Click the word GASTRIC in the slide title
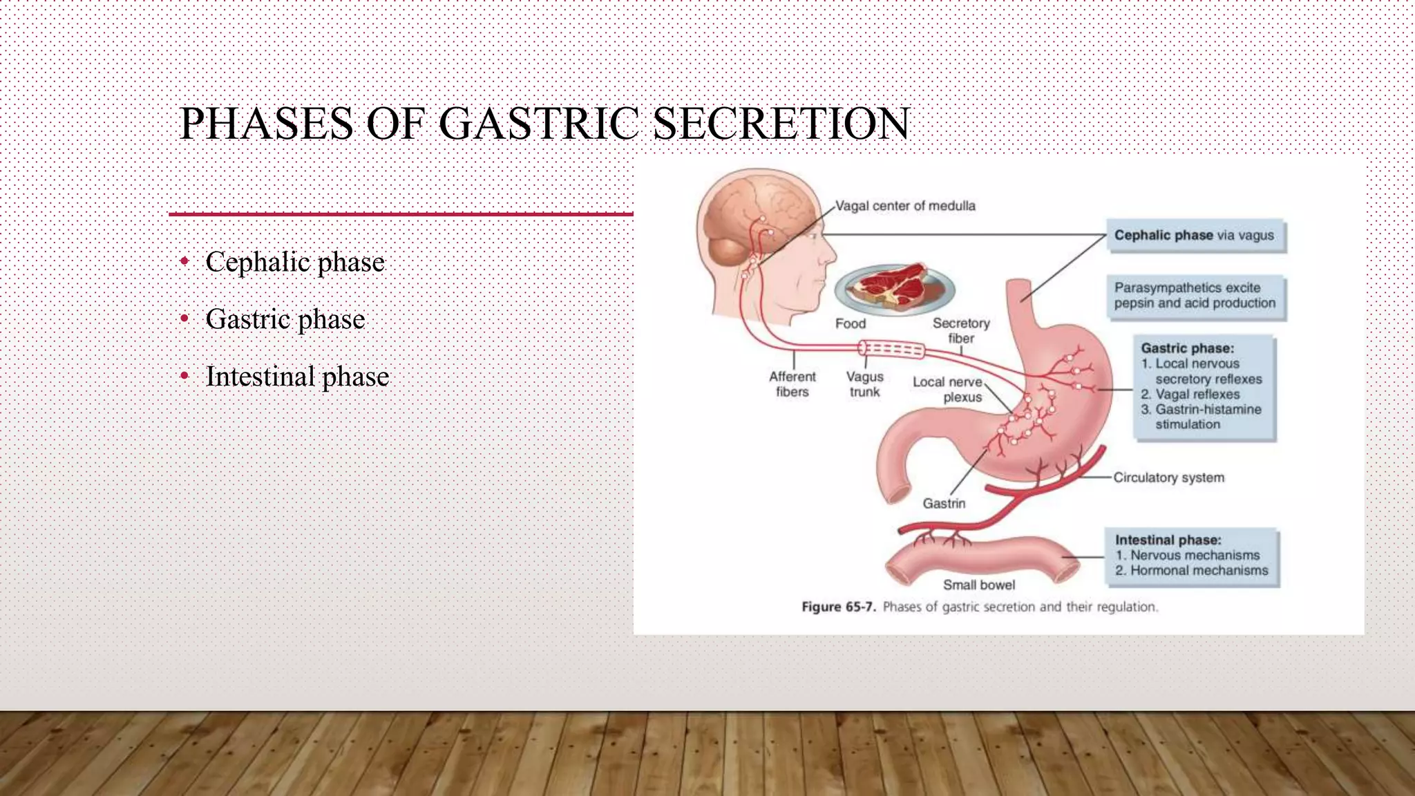(x=539, y=124)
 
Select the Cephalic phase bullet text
(x=295, y=263)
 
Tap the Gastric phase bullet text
(x=285, y=320)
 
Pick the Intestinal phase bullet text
(x=297, y=377)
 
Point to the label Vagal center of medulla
(x=905, y=206)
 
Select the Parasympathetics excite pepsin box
(x=1195, y=296)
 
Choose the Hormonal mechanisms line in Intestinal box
(x=1199, y=571)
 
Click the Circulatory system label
(x=1168, y=477)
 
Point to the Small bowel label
(x=979, y=585)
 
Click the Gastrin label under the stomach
(x=944, y=504)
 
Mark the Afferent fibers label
(x=792, y=384)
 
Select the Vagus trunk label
(x=865, y=384)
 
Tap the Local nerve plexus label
(x=948, y=390)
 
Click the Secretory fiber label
(x=961, y=330)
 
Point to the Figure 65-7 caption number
(x=838, y=607)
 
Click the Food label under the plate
(x=850, y=324)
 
